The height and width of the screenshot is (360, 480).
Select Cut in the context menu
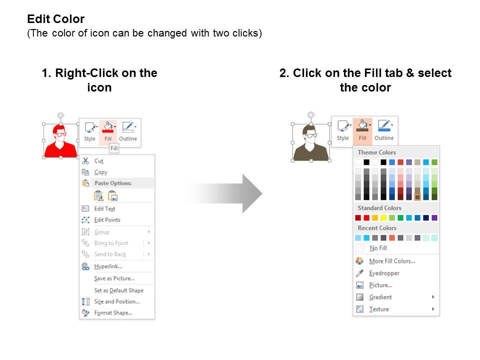point(98,161)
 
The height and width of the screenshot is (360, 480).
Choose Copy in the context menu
point(100,172)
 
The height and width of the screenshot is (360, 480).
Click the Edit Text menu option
point(104,209)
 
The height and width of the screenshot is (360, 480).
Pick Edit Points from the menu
point(107,220)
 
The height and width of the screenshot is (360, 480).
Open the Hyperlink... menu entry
point(108,266)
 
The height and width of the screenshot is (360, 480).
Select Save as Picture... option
point(114,278)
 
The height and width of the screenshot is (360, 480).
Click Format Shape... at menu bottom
point(113,313)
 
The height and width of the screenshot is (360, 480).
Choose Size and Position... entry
point(117,301)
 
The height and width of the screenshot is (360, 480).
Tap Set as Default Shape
point(119,290)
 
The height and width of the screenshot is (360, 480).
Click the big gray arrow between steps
point(225,193)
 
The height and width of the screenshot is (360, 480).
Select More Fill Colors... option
point(392,261)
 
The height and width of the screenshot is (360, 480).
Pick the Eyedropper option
point(384,273)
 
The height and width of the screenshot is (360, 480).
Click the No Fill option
point(378,248)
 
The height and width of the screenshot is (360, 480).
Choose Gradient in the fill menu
point(380,297)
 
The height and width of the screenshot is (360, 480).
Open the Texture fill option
point(379,309)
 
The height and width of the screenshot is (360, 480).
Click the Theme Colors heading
point(376,152)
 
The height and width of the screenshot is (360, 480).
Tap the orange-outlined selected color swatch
point(417,197)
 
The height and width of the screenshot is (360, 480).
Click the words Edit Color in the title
point(55,19)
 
